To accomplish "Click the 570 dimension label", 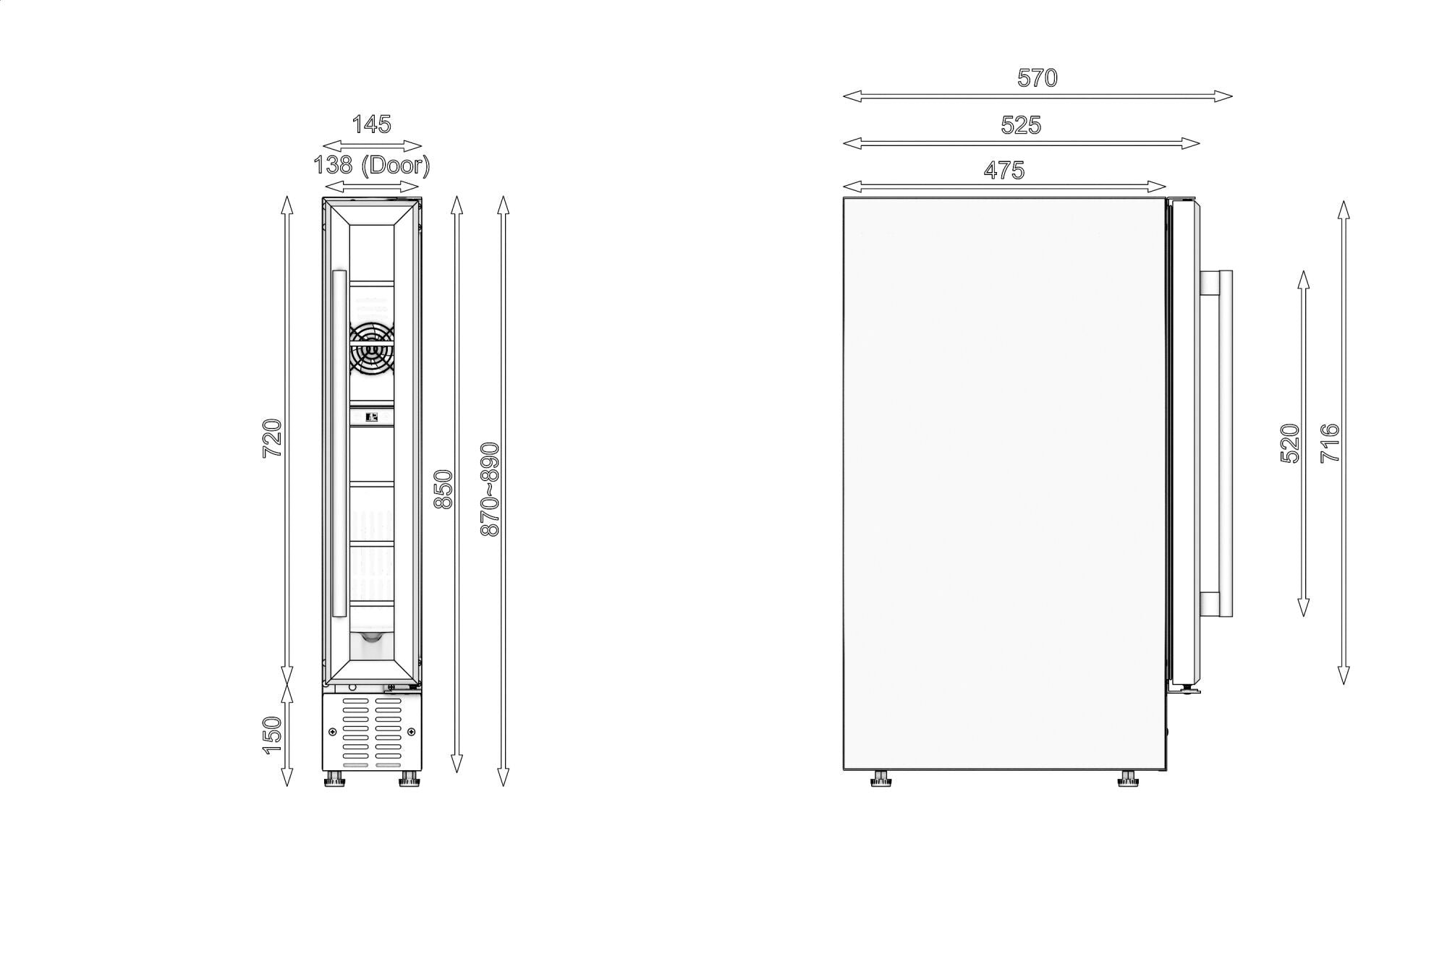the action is point(1037,77).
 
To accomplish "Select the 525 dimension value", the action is point(1021,125).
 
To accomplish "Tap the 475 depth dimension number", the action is point(1004,170).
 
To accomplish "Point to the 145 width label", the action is point(372,124).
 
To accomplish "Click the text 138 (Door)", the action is point(372,166).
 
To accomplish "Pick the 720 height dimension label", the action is point(272,438).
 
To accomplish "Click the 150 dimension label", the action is point(272,735).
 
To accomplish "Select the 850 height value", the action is point(443,490).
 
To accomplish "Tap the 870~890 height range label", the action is point(490,489).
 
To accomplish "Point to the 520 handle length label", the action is point(1291,443).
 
